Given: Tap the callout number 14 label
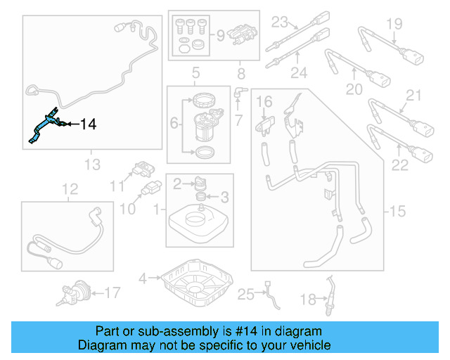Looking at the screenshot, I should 87,125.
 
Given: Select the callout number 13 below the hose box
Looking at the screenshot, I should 92,165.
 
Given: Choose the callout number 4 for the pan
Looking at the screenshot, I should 143,278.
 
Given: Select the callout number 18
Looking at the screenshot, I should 307,300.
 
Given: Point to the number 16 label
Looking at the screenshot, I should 264,103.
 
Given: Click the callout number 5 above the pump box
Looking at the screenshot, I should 196,72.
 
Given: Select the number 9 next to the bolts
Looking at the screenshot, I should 219,34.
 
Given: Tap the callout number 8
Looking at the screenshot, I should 241,72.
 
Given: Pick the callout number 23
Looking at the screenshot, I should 281,21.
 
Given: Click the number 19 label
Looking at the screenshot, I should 394,24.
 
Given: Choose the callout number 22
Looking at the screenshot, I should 399,165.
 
